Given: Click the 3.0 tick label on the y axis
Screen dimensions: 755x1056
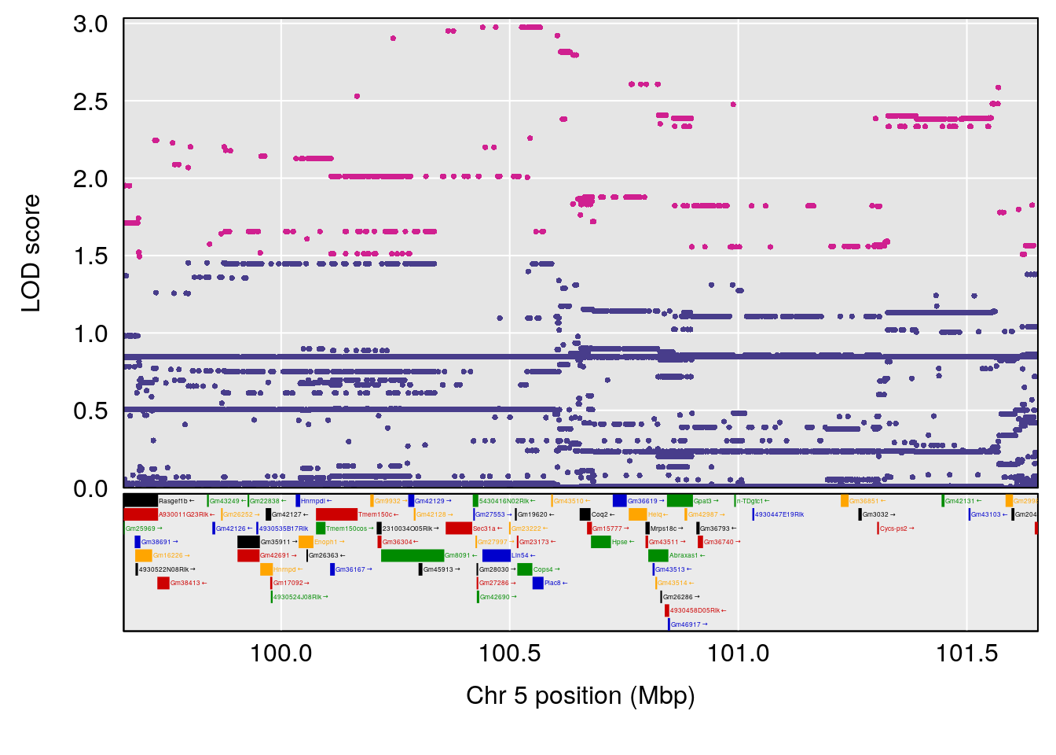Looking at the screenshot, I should click(90, 24).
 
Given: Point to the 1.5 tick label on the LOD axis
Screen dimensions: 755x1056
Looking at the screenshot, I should click(90, 256).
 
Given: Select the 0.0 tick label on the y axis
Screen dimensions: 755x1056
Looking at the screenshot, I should click(90, 488).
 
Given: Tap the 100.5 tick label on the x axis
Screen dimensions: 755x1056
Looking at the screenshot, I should click(510, 653).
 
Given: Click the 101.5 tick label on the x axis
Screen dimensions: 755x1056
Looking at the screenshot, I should click(967, 653).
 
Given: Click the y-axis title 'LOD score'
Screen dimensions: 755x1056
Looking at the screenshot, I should click(31, 253).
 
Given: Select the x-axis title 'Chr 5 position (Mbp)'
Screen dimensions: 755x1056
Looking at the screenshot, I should click(580, 696).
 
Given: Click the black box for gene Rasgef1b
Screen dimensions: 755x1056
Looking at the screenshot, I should click(141, 501).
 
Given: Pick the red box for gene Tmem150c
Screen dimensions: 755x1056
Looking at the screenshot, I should click(336, 514).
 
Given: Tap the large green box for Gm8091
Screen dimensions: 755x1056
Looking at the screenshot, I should click(412, 555).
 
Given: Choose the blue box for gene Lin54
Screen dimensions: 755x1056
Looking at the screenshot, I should click(496, 555).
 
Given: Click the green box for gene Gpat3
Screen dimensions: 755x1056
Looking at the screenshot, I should click(680, 501).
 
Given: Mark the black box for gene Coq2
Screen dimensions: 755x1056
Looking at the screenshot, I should click(585, 514).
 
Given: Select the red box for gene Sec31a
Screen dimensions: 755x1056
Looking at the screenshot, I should click(458, 528).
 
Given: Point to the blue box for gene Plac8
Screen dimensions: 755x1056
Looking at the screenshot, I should click(537, 583).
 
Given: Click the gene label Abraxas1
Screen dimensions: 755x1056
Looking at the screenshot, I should click(684, 556).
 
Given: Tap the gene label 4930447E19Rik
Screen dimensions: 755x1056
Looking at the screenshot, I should click(779, 515).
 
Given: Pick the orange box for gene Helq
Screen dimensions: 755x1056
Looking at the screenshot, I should click(637, 514).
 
